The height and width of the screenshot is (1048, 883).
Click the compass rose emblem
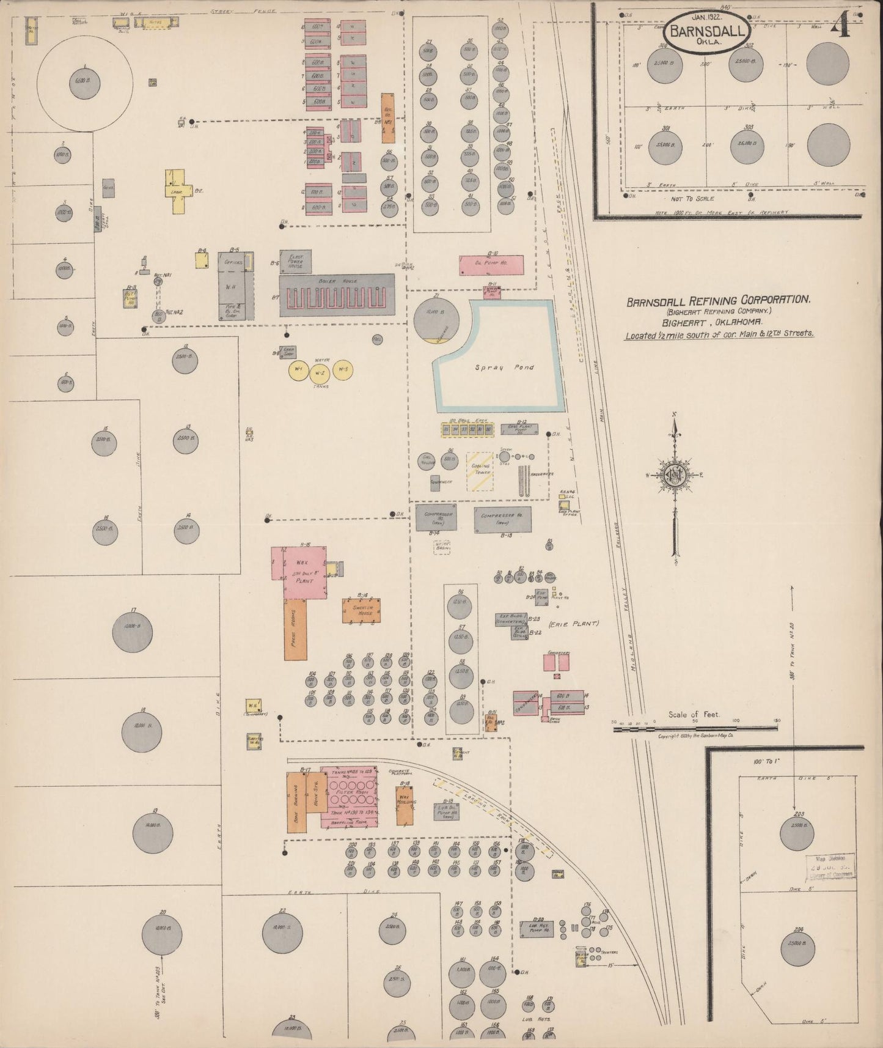pos(673,475)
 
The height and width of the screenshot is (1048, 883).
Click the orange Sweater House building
pos(362,610)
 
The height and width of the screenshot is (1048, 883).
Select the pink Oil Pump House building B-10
pos(491,265)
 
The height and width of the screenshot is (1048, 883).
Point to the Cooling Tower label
pos(480,470)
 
